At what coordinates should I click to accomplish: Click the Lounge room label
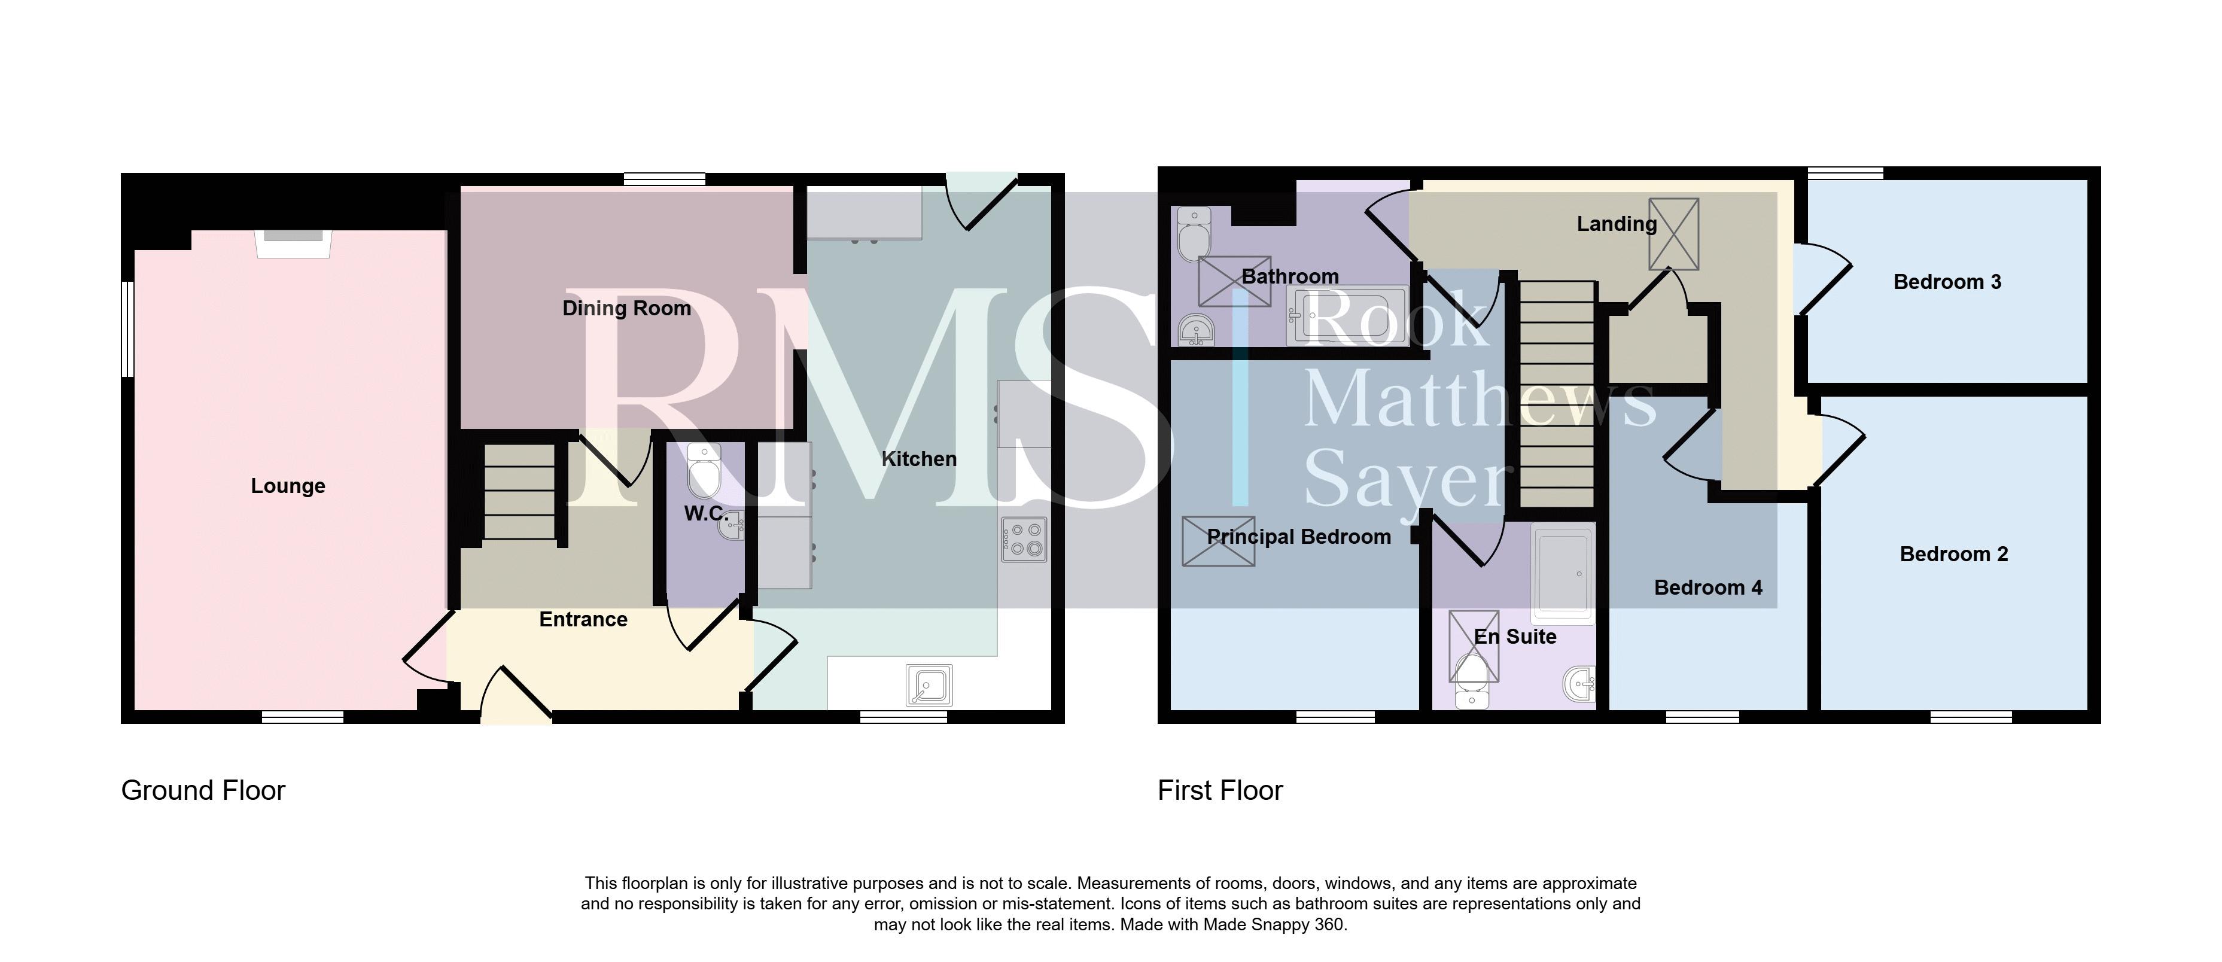pos(288,486)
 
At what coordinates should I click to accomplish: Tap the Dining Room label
pos(627,308)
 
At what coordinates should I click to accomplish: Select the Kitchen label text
pos(920,459)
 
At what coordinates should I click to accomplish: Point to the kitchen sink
pos(929,687)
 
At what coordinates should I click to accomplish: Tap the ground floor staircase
pos(519,492)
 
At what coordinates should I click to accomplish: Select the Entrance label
pos(583,619)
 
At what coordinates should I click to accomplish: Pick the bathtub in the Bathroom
pos(1347,316)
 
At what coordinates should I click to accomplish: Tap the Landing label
pos(1617,224)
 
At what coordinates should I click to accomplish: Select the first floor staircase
pos(1556,394)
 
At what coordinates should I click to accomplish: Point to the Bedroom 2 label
pos(1954,554)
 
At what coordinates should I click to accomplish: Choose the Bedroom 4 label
pos(1708,587)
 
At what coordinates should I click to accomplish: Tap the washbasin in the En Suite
pos(1579,685)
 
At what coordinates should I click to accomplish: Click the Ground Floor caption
pos(203,790)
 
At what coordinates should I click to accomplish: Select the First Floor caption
pos(1220,790)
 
